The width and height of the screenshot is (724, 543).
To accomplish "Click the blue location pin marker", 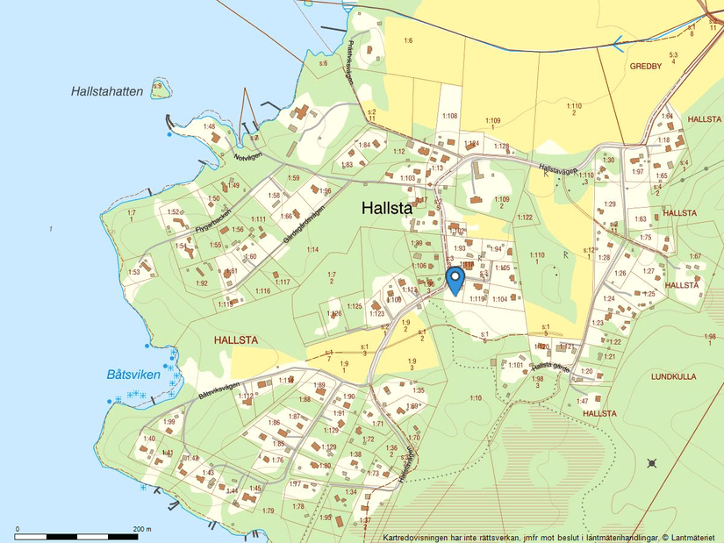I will pos(455,280).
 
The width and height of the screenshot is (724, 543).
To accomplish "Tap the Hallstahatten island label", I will pos(107,91).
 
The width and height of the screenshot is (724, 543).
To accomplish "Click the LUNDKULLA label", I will pos(673,376).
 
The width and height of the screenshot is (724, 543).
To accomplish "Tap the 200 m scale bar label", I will pos(142,529).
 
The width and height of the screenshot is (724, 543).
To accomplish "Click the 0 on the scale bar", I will pos(17,529).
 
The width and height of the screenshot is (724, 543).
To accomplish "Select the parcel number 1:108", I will pos(449,116).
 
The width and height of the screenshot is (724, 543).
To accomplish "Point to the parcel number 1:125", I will pos(354,306).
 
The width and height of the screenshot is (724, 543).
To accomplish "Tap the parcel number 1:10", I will pos(475,398).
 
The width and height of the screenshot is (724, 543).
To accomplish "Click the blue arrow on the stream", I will pos(620,39).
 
